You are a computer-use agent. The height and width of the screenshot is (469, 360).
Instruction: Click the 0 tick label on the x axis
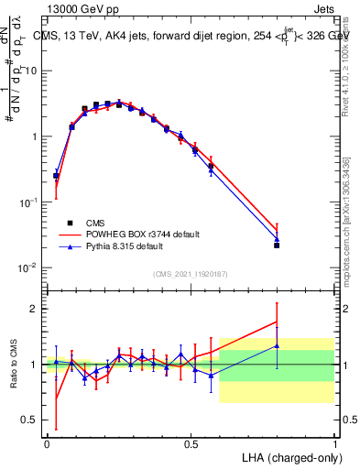click(47, 443)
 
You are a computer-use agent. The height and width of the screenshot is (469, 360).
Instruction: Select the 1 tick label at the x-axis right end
click(335, 443)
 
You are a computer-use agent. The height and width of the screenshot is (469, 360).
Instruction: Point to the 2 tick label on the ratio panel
click(34, 309)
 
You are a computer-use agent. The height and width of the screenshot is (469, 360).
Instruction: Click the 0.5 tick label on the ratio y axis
click(30, 420)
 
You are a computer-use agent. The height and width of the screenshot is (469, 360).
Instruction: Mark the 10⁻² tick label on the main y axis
click(29, 267)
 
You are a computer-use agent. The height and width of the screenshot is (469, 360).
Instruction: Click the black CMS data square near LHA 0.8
click(277, 245)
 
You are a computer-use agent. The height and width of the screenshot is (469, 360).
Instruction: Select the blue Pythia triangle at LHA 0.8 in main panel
click(277, 239)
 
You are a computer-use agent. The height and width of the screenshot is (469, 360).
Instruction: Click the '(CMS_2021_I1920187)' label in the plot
click(190, 274)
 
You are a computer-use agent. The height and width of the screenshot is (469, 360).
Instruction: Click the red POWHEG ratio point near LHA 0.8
click(277, 322)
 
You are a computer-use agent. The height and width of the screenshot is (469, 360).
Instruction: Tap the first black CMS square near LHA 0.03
click(56, 175)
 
